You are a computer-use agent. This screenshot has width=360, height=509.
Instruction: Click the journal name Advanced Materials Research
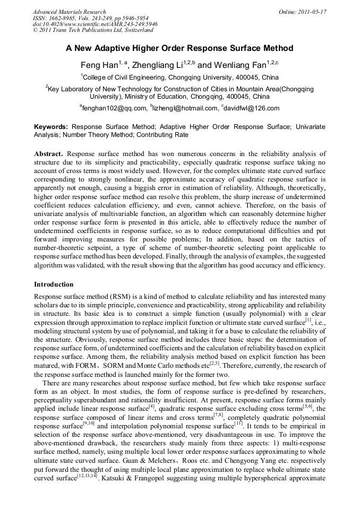point(69,12)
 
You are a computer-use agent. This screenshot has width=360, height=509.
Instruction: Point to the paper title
point(179,48)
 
